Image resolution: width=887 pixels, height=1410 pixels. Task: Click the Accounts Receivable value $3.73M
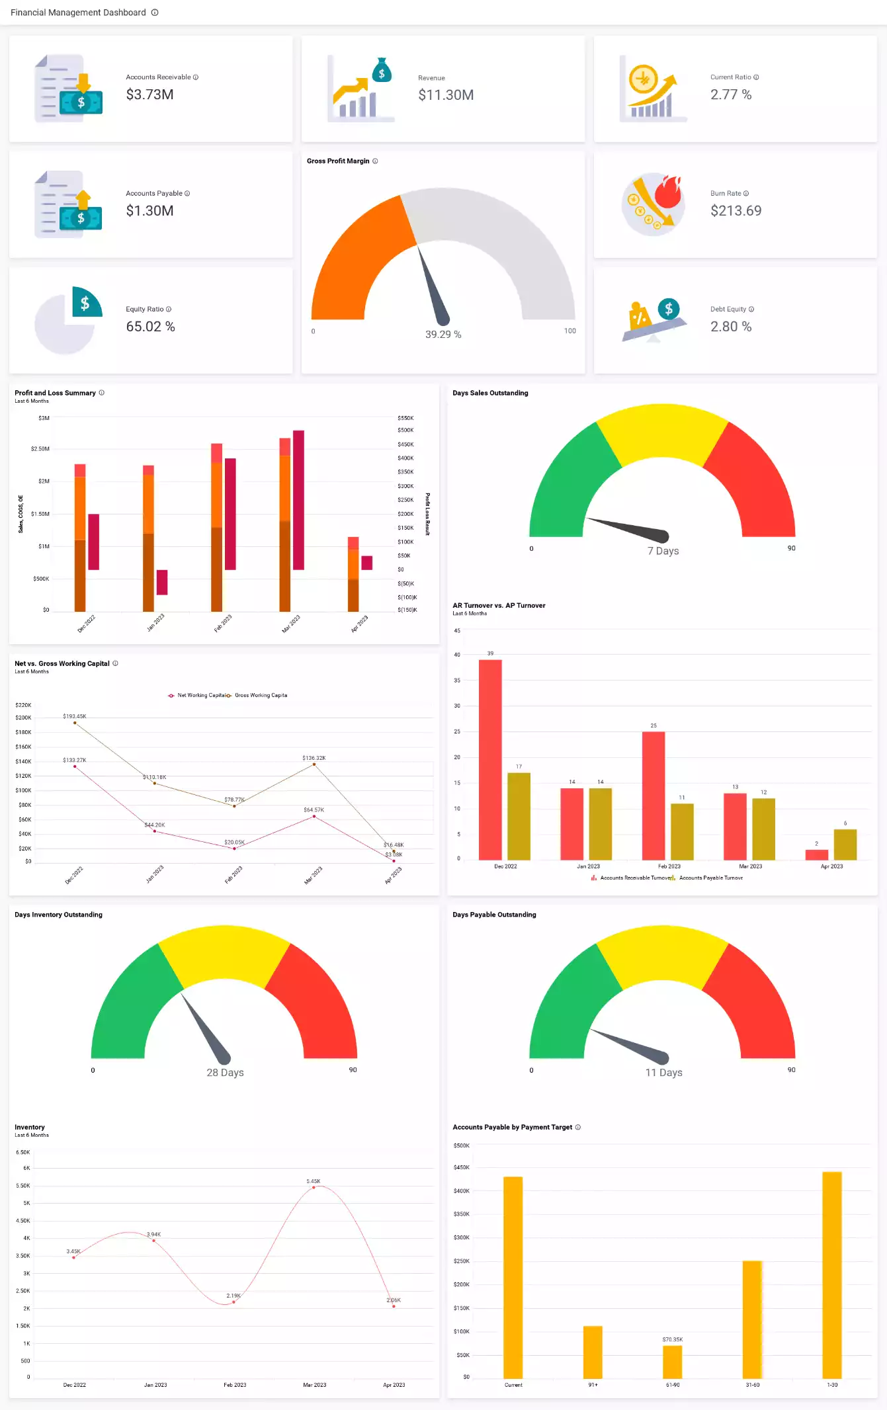[149, 95]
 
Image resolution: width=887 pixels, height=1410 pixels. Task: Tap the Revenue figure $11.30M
[446, 95]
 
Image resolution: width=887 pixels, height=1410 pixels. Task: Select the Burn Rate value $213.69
[736, 211]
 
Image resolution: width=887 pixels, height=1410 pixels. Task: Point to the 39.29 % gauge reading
[443, 335]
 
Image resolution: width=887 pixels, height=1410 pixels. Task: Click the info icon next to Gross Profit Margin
[375, 161]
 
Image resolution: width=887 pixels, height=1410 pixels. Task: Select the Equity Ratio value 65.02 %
[150, 327]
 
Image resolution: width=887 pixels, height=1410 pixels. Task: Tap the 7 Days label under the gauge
[663, 551]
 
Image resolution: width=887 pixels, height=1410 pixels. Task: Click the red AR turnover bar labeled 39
[490, 759]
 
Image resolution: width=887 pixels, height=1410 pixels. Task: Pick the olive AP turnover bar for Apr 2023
[845, 845]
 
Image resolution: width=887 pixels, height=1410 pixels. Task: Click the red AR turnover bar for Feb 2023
[653, 795]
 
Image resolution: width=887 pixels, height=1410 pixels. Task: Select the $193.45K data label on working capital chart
[74, 716]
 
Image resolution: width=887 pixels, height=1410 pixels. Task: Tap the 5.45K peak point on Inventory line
[314, 1188]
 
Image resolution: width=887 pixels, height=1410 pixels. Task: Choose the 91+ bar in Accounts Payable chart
[593, 1352]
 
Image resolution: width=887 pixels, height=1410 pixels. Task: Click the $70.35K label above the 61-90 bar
[672, 1339]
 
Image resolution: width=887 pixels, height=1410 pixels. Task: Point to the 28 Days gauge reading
[225, 1073]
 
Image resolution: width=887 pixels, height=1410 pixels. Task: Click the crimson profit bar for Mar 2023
[298, 500]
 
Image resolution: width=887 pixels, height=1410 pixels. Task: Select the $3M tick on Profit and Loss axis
[44, 418]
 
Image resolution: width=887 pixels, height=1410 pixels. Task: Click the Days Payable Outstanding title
[494, 915]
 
